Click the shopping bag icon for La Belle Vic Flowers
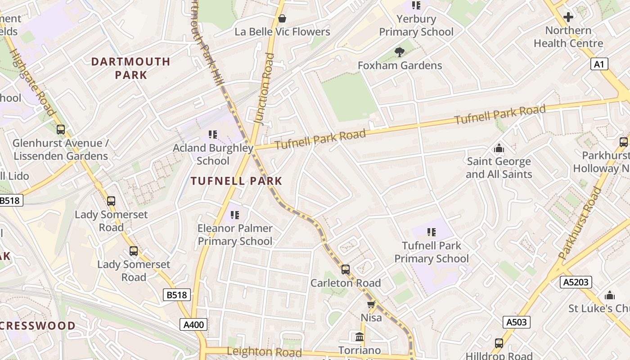pyautogui.click(x=282, y=18)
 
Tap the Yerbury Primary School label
pyautogui.click(x=416, y=26)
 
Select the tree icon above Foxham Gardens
pyautogui.click(x=399, y=52)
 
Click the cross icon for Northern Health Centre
pyautogui.click(x=568, y=17)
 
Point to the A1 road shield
pyautogui.click(x=599, y=64)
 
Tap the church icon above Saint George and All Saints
pyautogui.click(x=499, y=148)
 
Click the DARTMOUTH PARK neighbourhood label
pyautogui.click(x=131, y=68)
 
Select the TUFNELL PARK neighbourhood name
pyautogui.click(x=236, y=181)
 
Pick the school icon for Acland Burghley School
pyautogui.click(x=213, y=134)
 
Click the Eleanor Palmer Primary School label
pyautogui.click(x=235, y=235)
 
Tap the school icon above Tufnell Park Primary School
pyautogui.click(x=431, y=232)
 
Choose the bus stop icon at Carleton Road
pyautogui.click(x=345, y=270)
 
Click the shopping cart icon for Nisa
pyautogui.click(x=371, y=305)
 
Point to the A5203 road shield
pyautogui.click(x=576, y=282)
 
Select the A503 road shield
pyautogui.click(x=516, y=322)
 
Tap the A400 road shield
pyautogui.click(x=194, y=324)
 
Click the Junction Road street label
pyautogui.click(x=264, y=88)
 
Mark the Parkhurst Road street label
pyautogui.click(x=580, y=223)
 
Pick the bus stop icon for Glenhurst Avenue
pyautogui.click(x=61, y=130)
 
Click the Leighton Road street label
pyautogui.click(x=264, y=352)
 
